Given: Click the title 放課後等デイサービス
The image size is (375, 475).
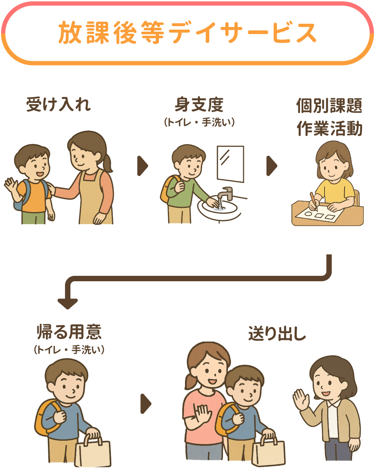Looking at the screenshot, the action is [x=187, y=33].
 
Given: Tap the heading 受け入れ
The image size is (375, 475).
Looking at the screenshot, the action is [x=58, y=105].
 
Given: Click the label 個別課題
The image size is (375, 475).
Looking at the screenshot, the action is [x=329, y=105].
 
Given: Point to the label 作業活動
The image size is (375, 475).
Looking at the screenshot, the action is [x=330, y=128].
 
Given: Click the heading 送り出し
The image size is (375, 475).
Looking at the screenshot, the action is [x=277, y=333].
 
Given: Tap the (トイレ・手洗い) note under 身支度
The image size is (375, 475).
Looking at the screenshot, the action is [x=199, y=122].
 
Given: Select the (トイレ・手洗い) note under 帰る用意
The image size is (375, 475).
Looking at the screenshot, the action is [x=69, y=350].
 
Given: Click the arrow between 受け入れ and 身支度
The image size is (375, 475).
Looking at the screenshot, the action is [x=142, y=166].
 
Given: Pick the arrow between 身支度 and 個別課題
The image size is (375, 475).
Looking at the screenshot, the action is [x=272, y=166].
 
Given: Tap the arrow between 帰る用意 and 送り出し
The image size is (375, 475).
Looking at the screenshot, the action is [x=146, y=404].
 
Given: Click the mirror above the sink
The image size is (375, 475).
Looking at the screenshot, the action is [x=230, y=164].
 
